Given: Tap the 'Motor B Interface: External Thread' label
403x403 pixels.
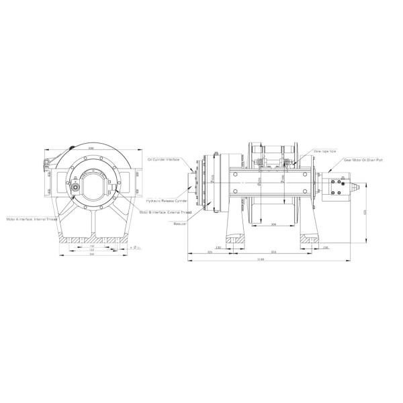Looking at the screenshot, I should click(x=166, y=212).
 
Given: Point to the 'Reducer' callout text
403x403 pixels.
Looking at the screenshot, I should click(x=179, y=224).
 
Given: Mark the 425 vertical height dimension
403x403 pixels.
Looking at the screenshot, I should click(x=365, y=212).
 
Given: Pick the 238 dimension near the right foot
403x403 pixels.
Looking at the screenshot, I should click(x=325, y=247).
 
